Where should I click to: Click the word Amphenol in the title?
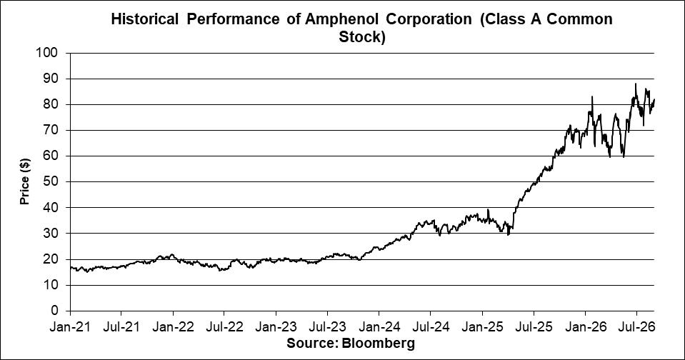[x=338, y=20]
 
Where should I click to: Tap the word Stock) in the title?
[x=362, y=37]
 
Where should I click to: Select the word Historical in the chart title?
[x=144, y=20]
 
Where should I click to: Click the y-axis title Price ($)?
[x=24, y=181]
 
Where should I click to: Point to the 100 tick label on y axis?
[x=48, y=53]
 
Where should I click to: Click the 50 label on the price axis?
[x=51, y=181]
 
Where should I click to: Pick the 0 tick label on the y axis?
[x=54, y=311]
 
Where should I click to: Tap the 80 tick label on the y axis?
[x=51, y=104]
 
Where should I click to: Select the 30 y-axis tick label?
[x=51, y=234]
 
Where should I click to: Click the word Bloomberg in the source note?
[x=379, y=344]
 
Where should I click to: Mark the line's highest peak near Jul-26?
[x=636, y=84]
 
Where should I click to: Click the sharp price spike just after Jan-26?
[x=592, y=96]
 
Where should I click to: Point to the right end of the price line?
[x=654, y=99]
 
